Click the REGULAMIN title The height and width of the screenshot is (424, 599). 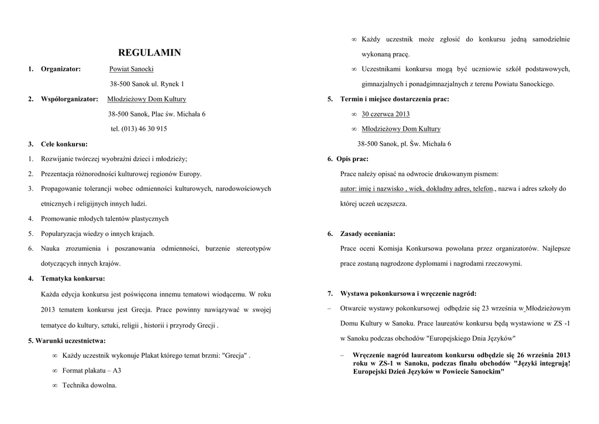click(150, 53)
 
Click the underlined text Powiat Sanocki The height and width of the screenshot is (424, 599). click(132, 69)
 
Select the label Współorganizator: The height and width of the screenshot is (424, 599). click(70, 99)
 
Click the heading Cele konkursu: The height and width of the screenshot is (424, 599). click(64, 143)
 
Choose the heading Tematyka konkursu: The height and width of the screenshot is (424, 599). click(73, 278)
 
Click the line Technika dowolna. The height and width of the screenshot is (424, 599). click(89, 385)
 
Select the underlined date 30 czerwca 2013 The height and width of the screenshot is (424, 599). click(385, 114)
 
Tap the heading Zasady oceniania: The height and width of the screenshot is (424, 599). click(367, 234)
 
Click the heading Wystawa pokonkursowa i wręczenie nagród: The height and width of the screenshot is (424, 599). click(408, 293)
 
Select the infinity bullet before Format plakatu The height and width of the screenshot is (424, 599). click(54, 371)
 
